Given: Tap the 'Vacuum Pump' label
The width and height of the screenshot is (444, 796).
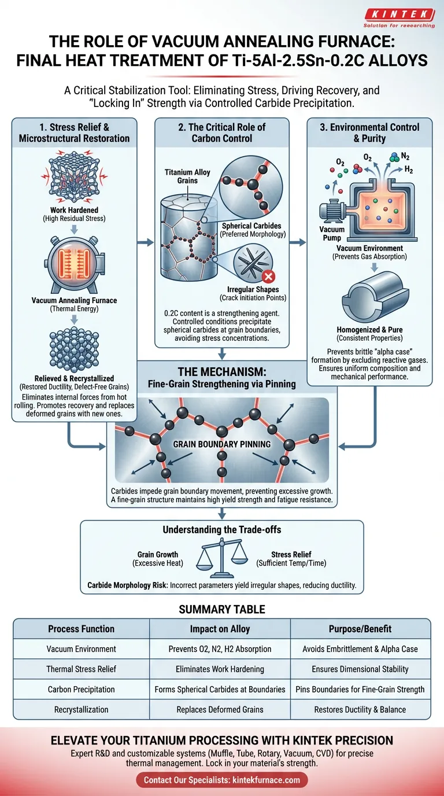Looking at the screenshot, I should [332, 233].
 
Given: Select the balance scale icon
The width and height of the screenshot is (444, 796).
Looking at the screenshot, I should [221, 559].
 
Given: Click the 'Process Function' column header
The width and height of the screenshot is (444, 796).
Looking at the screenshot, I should [81, 629].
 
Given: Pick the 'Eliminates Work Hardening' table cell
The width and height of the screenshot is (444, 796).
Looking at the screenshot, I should [220, 669].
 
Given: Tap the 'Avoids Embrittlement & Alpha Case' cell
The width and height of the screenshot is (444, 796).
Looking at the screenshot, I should [360, 649].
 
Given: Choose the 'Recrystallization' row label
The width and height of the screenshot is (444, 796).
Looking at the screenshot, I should [81, 709].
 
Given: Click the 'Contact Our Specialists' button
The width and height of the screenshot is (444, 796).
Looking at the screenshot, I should [222, 780].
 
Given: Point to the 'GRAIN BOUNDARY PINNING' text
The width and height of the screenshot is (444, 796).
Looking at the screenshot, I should [223, 445].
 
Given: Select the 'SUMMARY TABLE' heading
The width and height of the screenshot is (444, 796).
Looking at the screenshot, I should [222, 609].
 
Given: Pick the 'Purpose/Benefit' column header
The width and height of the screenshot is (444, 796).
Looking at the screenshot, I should [360, 629].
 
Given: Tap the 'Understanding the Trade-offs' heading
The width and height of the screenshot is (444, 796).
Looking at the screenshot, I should [221, 529].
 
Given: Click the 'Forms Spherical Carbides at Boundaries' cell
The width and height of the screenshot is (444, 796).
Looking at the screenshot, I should [220, 689].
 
